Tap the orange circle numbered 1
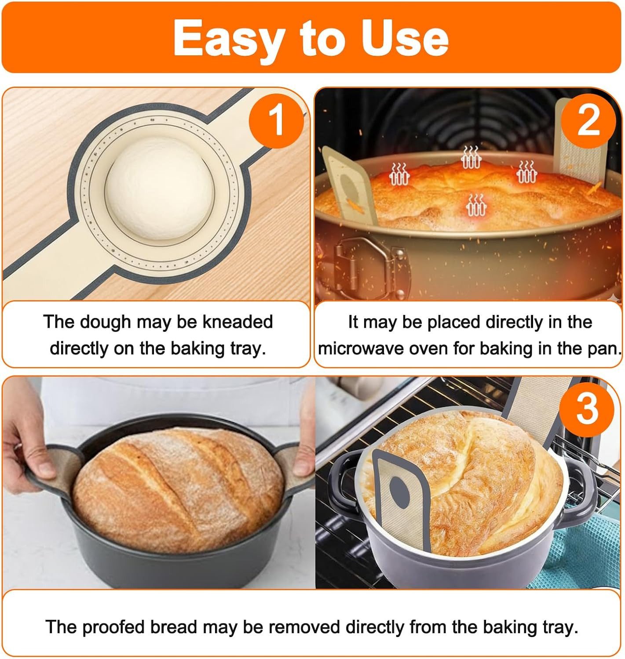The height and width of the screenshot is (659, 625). pyautogui.click(x=276, y=121)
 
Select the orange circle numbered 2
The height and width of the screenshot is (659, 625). pyautogui.click(x=588, y=121)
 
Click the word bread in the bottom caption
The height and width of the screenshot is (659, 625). pyautogui.click(x=173, y=627)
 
